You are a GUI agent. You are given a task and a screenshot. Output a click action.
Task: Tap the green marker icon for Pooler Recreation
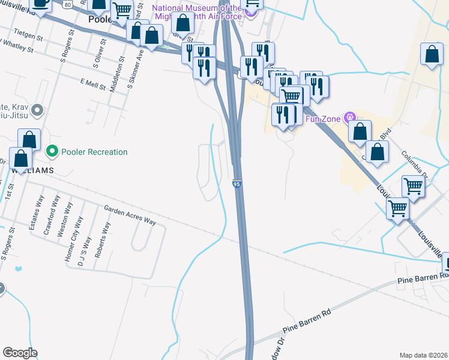53,152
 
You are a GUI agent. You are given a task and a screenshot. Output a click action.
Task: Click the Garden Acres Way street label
130,215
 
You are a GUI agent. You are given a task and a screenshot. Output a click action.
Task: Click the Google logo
20,353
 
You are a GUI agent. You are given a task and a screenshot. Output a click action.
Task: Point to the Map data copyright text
423,355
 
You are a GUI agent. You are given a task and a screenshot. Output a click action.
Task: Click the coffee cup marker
41,3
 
